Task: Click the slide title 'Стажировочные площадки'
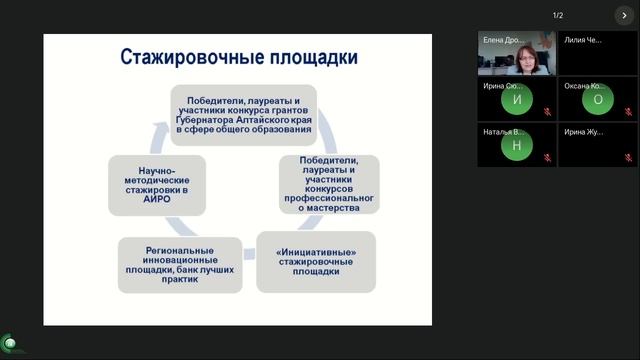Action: (238, 56)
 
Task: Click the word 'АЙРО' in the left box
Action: (156, 199)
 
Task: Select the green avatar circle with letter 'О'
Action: (598, 99)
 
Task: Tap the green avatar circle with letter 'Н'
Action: (516, 146)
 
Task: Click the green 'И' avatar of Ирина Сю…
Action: (516, 99)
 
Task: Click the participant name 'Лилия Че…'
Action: (583, 40)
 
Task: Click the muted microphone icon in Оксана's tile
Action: (629, 113)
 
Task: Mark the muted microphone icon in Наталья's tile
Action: (547, 160)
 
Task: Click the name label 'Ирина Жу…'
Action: (583, 132)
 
